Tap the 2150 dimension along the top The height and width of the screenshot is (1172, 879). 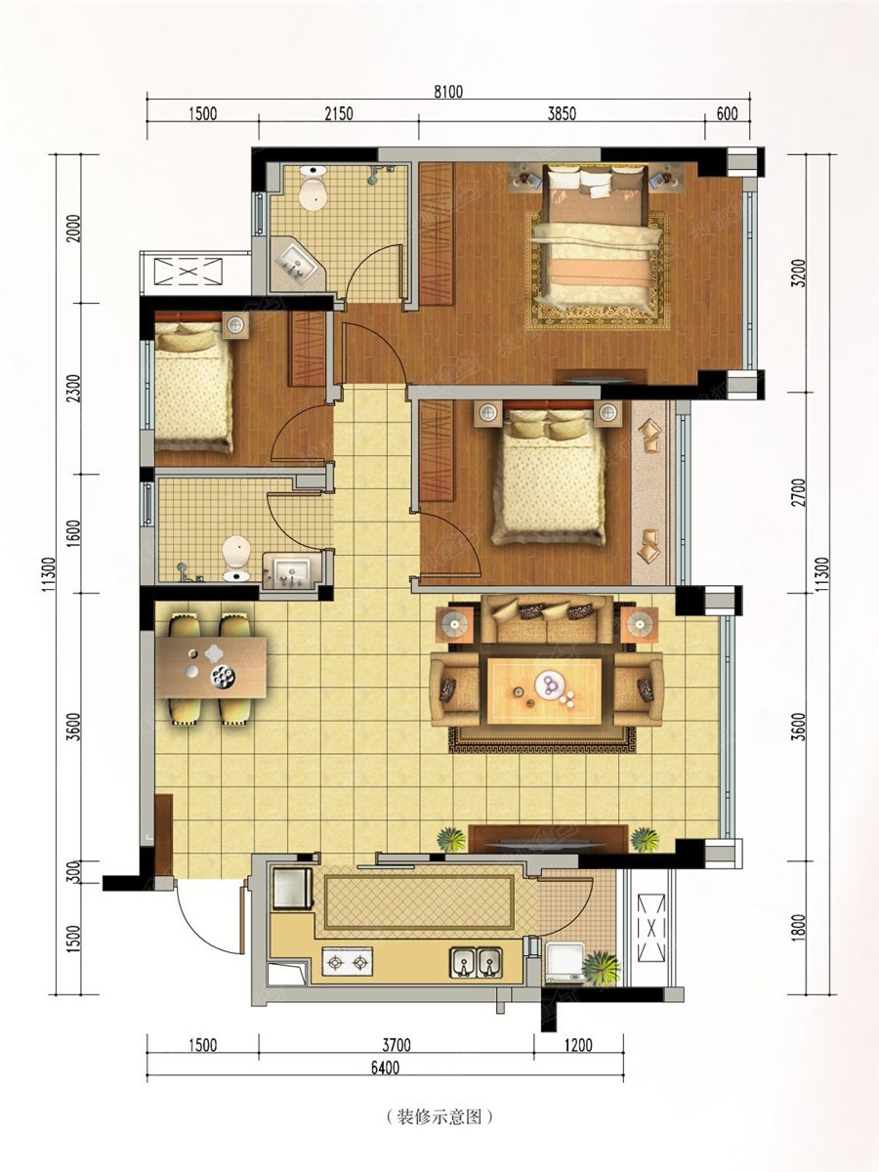[x=338, y=113]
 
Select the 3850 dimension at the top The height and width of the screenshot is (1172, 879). [x=562, y=113]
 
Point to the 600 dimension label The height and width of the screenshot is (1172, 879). [x=727, y=113]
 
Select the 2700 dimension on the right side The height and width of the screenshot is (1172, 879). [x=799, y=492]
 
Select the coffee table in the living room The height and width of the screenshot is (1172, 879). [x=544, y=691]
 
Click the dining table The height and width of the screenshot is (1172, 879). [x=211, y=667]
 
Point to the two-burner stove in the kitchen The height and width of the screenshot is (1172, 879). [x=347, y=962]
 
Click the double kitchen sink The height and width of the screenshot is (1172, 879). [x=476, y=962]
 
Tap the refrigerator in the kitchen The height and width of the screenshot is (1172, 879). [x=292, y=889]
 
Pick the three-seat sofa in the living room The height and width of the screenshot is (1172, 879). [x=547, y=619]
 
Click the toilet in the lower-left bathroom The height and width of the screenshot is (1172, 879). [x=236, y=559]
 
